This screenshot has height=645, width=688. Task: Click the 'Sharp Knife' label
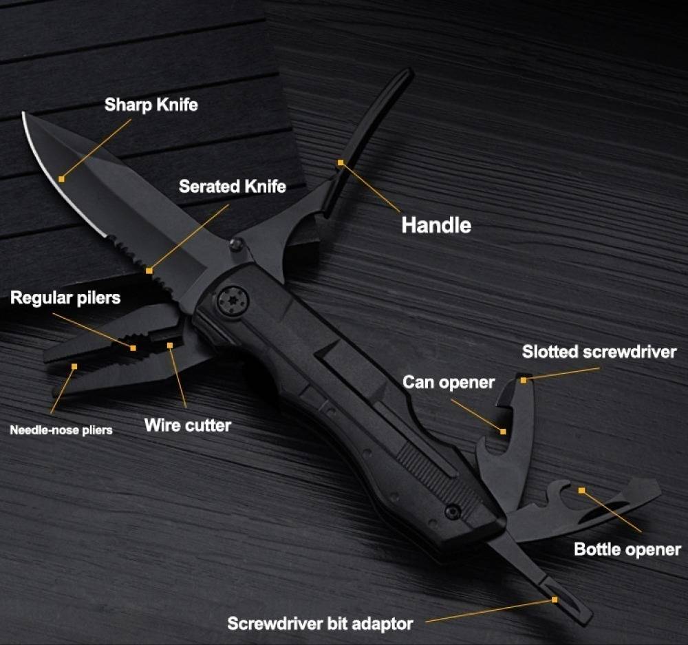click(151, 105)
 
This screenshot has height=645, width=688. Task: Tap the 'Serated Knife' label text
click(232, 186)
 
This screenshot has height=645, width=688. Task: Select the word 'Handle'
click(436, 225)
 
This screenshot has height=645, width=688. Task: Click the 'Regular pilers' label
click(65, 298)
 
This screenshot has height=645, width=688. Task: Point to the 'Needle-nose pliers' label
click(61, 430)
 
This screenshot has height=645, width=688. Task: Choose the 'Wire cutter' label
click(187, 425)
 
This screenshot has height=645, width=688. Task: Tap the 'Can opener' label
click(448, 382)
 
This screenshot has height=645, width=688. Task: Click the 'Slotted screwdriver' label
click(599, 352)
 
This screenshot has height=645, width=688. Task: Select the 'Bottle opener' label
click(627, 549)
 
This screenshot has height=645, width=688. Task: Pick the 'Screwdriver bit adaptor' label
click(320, 624)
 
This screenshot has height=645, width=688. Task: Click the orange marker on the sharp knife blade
click(62, 178)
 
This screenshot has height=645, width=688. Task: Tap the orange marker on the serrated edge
click(149, 271)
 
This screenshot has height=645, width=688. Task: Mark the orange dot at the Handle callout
click(340, 162)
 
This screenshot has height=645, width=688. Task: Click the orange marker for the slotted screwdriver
click(524, 379)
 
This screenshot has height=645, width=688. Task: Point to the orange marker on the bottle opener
click(581, 491)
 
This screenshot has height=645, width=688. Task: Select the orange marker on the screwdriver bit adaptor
click(555, 600)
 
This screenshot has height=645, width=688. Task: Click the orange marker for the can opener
click(504, 432)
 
